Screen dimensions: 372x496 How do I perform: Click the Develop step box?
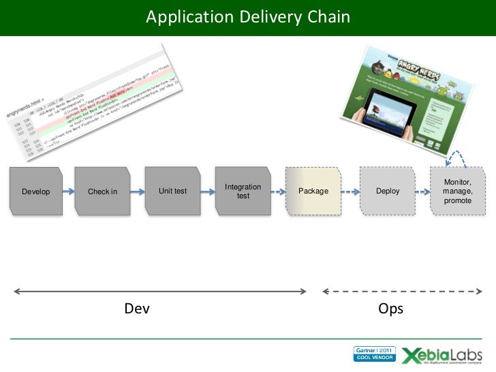35,191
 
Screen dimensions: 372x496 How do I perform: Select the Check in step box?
102,191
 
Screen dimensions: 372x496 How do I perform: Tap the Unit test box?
172,191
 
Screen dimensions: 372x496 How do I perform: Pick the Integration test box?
243,191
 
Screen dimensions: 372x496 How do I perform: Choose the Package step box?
313,191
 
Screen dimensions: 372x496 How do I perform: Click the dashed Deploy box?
387,191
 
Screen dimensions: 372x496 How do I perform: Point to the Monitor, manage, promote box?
456,191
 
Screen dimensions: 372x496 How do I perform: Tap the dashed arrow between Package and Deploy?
350,191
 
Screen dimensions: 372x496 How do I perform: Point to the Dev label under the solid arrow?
137,309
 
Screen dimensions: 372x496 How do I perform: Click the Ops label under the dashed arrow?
390,309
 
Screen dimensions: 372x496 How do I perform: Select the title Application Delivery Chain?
248,16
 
